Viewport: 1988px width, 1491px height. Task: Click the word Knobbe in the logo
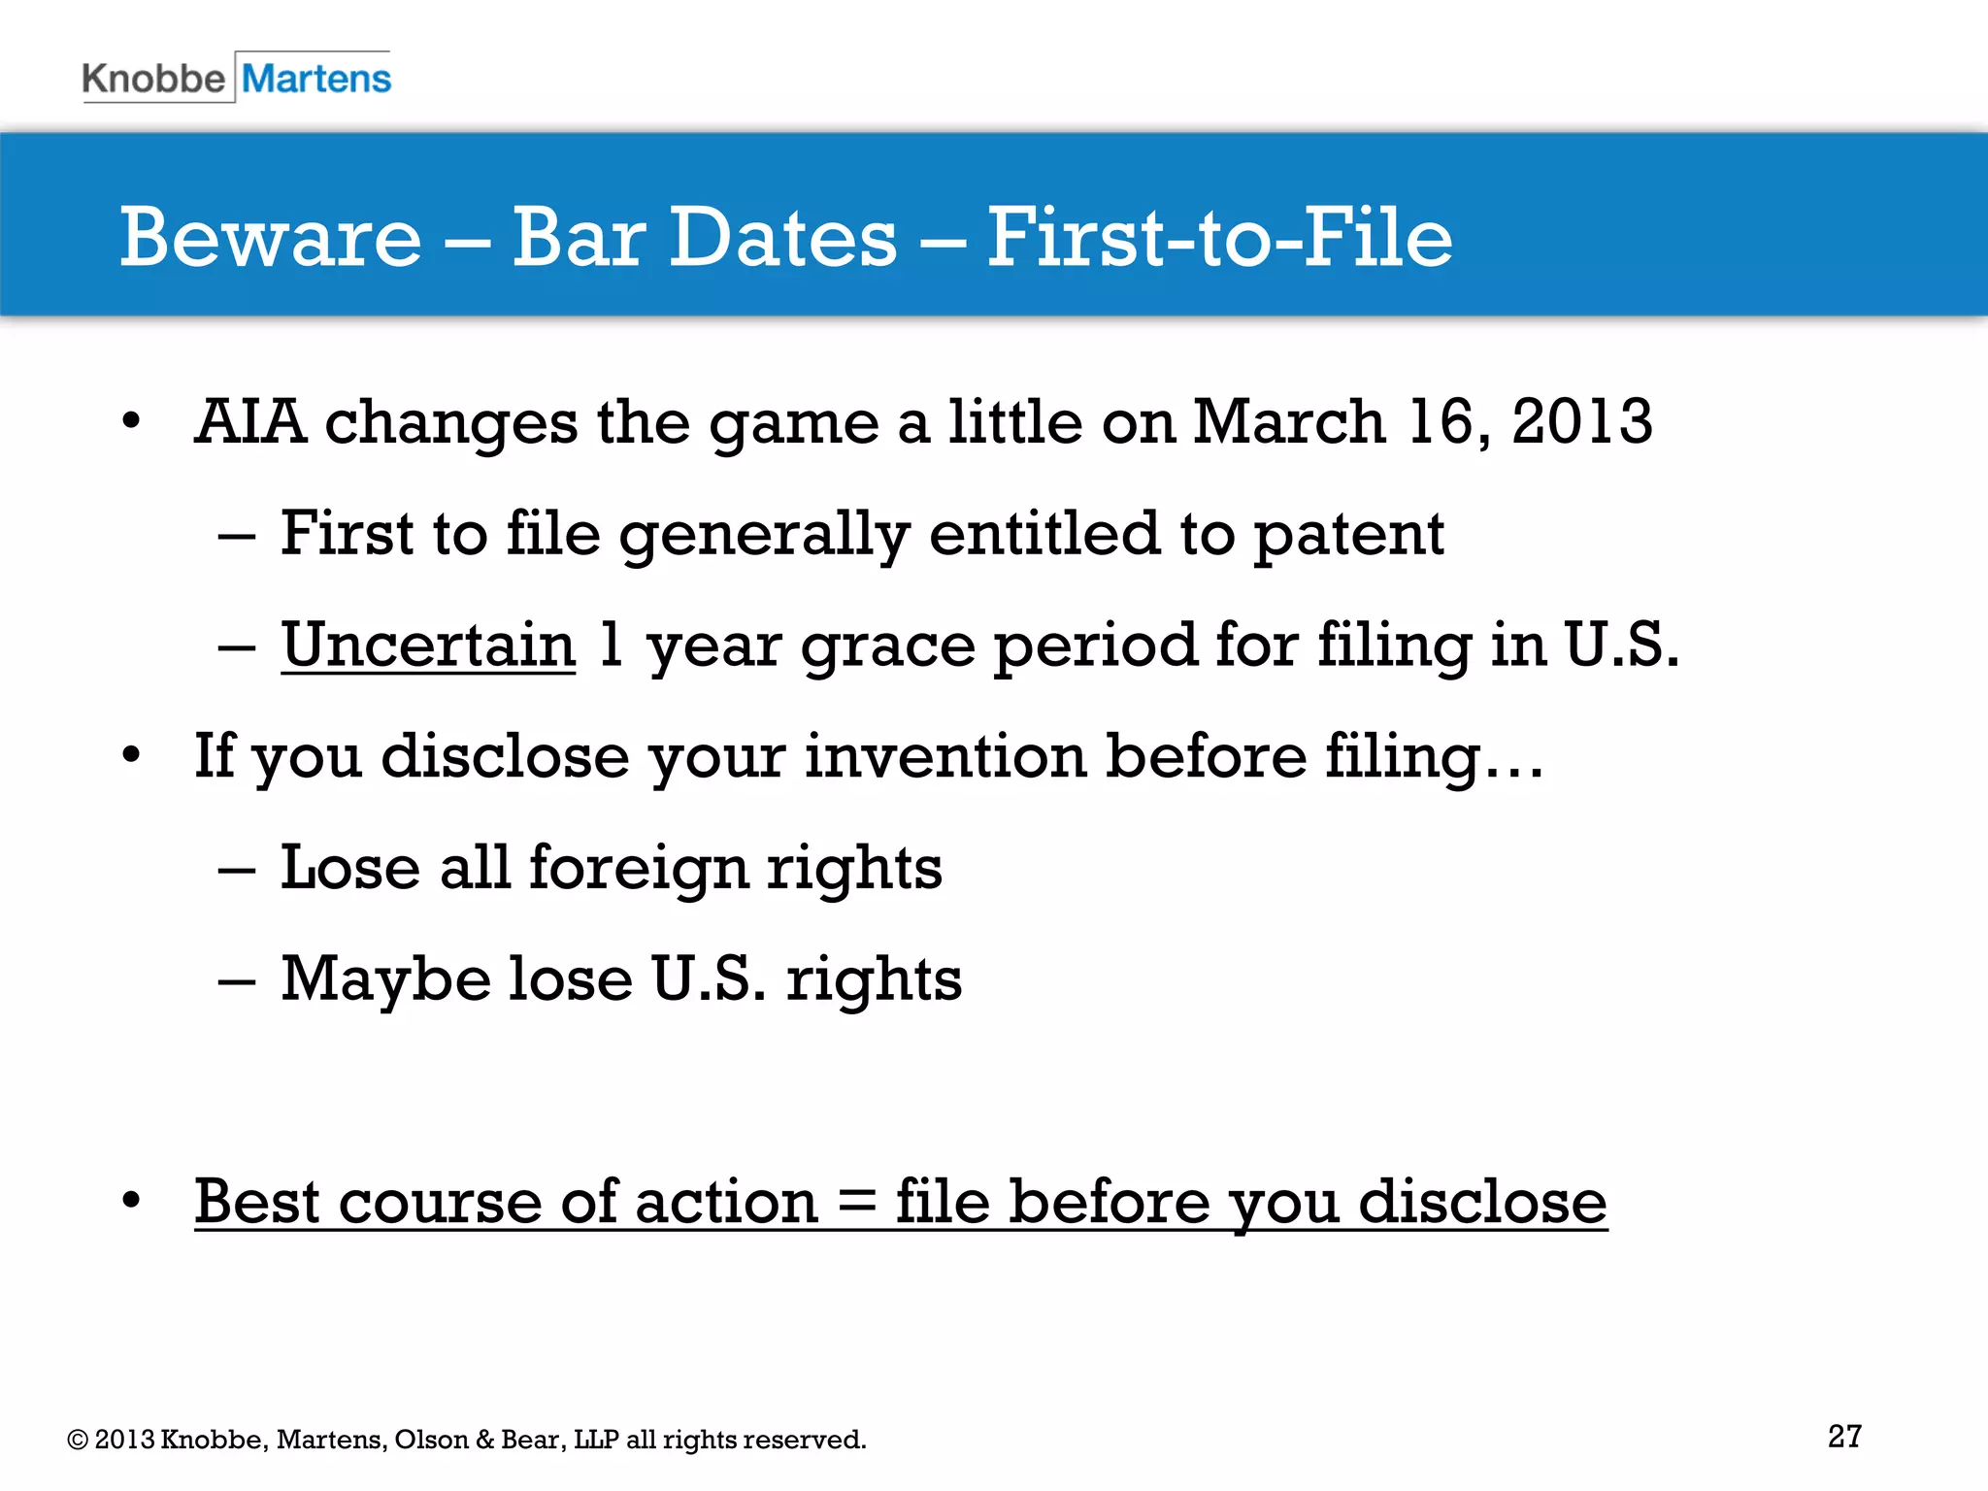(153, 79)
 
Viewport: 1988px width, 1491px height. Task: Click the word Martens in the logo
(316, 79)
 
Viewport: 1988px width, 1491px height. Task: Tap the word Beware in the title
(271, 238)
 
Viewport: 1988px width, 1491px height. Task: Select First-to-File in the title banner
(1219, 238)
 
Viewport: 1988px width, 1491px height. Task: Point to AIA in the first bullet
(250, 422)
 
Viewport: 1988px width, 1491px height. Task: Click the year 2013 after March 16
(1581, 422)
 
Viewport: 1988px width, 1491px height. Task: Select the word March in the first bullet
(1288, 422)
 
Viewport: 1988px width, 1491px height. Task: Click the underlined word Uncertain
(428, 645)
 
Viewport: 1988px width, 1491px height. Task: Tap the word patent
(1349, 534)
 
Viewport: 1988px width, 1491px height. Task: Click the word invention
(944, 756)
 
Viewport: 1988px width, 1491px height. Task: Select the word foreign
(639, 868)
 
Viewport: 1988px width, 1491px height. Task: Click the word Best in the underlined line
(257, 1201)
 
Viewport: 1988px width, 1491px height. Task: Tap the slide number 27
(1844, 1436)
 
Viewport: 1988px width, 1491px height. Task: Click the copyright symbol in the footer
(78, 1440)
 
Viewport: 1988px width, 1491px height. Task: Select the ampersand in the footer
(484, 1440)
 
